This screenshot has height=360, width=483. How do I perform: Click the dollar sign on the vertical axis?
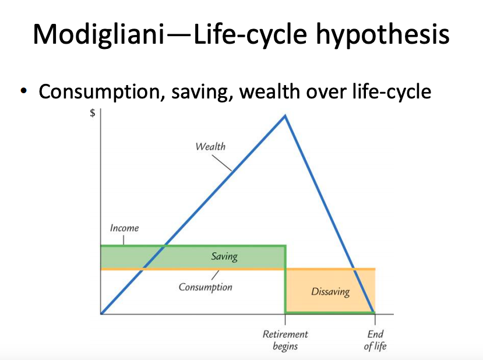92,114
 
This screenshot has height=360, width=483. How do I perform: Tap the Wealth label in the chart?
210,146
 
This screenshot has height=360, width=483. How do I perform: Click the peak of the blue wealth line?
285,115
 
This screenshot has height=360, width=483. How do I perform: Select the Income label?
124,228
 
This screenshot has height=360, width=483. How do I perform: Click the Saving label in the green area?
224,256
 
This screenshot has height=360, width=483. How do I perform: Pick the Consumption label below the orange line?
205,287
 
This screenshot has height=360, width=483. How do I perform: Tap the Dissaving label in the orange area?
330,292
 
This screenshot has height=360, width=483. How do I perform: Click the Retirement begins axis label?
285,340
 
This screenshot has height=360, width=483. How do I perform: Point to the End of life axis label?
375,340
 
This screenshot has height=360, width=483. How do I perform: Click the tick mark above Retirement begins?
285,319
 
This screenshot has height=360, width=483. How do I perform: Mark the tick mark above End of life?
375,319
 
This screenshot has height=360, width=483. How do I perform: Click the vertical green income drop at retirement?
285,280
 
